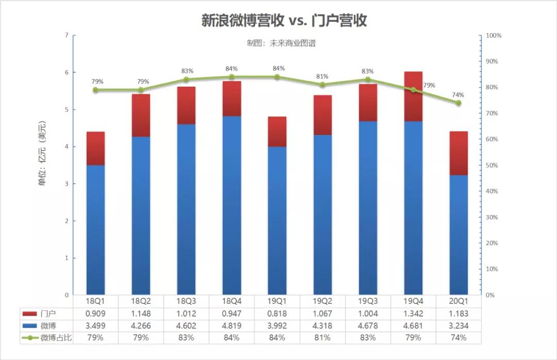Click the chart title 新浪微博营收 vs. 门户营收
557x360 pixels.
click(x=284, y=21)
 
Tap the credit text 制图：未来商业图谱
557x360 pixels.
click(x=281, y=43)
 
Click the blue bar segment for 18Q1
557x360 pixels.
click(x=95, y=230)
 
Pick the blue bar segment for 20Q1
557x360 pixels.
click(x=458, y=235)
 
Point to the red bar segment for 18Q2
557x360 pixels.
click(x=141, y=116)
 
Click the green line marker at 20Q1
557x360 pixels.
click(x=458, y=103)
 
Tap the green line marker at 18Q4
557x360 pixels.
click(x=232, y=77)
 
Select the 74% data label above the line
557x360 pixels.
click(x=458, y=95)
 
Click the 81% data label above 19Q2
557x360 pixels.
click(x=322, y=77)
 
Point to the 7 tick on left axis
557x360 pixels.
click(x=67, y=35)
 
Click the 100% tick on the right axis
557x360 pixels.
click(x=494, y=36)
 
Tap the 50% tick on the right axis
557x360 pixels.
click(x=493, y=166)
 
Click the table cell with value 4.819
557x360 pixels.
click(x=232, y=326)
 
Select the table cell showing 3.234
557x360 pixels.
click(x=458, y=326)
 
